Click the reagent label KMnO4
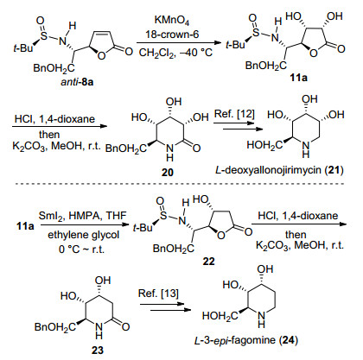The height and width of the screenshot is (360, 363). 172,21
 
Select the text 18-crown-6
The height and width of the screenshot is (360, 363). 172,35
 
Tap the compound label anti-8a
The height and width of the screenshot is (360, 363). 77,82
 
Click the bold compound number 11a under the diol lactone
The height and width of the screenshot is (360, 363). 298,78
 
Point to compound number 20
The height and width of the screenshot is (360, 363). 168,172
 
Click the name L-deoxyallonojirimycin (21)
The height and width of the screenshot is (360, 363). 279,170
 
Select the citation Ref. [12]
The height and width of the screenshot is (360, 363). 234,114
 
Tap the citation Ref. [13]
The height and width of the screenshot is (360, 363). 158,294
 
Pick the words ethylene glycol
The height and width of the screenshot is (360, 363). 83,235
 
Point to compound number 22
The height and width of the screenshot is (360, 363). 208,262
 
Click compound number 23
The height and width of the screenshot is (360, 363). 98,351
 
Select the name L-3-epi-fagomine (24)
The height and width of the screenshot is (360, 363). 246,340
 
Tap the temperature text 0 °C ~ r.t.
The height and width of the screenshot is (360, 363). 81,249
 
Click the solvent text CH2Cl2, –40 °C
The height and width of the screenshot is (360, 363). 175,53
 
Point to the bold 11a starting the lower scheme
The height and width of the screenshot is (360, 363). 25,226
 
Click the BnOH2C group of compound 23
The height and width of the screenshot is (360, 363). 55,327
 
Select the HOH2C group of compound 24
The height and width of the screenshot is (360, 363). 220,316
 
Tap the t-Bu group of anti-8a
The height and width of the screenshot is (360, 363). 23,48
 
